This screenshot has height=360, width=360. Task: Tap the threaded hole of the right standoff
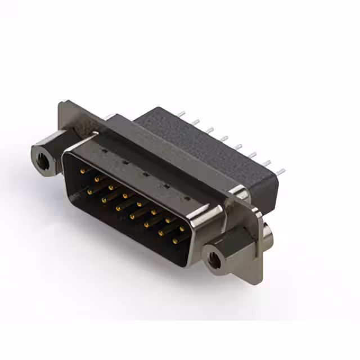pos(214,260)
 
